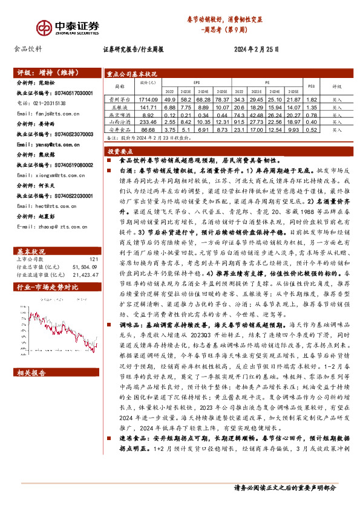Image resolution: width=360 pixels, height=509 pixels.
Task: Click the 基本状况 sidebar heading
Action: [x=31, y=233]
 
